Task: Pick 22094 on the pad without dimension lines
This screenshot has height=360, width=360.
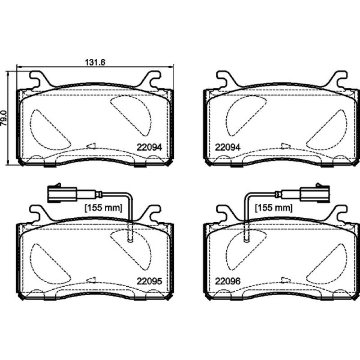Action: tap(228, 147)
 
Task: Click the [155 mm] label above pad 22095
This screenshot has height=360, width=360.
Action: tap(104, 208)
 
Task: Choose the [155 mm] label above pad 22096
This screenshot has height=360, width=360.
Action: tap(274, 208)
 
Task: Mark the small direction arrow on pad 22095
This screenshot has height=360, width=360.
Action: tap(91, 279)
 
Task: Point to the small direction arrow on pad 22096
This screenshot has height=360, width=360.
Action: tap(285, 279)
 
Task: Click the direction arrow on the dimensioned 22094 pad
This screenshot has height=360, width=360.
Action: tap(91, 146)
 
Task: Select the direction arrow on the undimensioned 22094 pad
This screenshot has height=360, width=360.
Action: tap(285, 146)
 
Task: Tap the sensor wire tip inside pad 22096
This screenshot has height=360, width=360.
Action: tap(246, 240)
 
